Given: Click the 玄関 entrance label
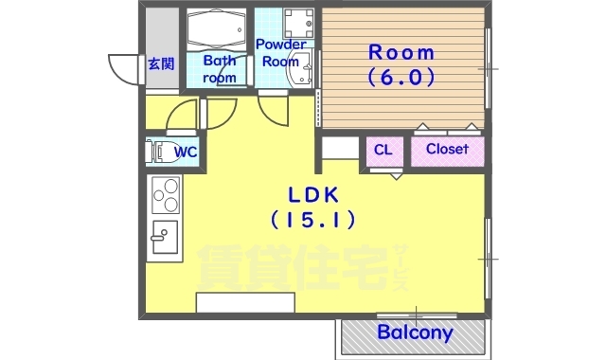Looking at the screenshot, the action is (161, 63).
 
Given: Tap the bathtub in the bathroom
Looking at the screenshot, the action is (217, 29).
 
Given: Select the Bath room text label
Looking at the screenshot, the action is (219, 69).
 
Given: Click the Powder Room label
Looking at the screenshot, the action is (280, 53).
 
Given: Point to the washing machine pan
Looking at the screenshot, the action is (298, 23).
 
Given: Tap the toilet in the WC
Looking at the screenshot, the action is (158, 152).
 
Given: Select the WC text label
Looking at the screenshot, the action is (186, 152).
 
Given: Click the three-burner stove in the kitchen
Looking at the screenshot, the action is (167, 195).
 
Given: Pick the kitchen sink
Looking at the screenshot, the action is (165, 237).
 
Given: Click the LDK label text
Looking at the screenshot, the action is (313, 195).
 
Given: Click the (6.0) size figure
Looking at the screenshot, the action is (401, 78).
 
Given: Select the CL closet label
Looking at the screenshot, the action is (383, 150).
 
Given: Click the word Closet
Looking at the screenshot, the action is (447, 149).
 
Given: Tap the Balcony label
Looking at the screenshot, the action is (415, 333).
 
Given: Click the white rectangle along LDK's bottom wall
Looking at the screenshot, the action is (245, 302).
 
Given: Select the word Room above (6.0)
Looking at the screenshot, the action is (401, 53).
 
